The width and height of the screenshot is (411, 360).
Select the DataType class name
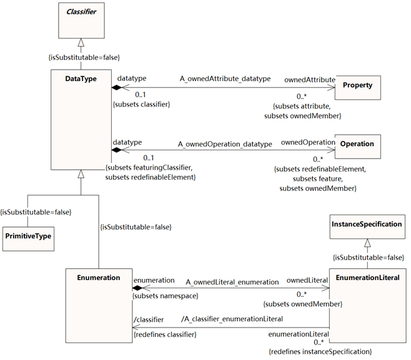pyautogui.click(x=81, y=79)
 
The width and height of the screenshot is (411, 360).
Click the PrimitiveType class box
pyautogui.click(x=29, y=236)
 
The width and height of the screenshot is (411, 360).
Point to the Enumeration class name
pyautogui.click(x=99, y=278)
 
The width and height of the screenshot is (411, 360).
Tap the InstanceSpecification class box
pyautogui.click(x=367, y=225)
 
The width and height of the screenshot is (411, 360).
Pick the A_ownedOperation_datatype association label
pyautogui.click(x=225, y=144)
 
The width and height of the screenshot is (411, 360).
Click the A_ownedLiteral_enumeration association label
pyautogui.click(x=232, y=282)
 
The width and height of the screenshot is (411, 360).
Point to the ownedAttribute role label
pyautogui.click(x=310, y=80)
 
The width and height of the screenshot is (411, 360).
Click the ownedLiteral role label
pyautogui.click(x=307, y=281)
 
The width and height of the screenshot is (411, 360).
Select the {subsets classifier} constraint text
pyautogui.click(x=141, y=104)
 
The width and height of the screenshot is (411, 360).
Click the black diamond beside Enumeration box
pyautogui.click(x=136, y=288)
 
